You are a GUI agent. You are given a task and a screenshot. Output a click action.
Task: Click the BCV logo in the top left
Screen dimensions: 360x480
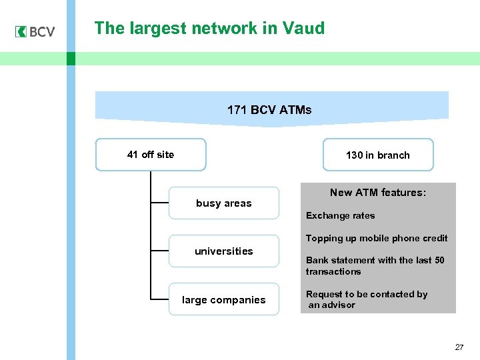click(x=35, y=31)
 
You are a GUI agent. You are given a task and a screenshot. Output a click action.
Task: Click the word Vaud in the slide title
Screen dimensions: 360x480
click(x=303, y=29)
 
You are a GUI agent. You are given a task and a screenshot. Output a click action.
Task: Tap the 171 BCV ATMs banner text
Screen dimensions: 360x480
click(x=269, y=110)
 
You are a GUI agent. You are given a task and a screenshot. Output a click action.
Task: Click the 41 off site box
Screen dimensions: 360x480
click(x=151, y=155)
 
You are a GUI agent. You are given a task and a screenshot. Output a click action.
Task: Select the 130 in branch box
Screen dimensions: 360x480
click(x=377, y=155)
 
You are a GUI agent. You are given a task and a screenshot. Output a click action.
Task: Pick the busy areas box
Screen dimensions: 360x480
click(x=223, y=203)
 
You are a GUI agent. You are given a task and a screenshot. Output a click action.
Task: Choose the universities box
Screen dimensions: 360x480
click(x=223, y=251)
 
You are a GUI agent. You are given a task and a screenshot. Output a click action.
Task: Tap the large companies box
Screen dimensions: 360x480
click(x=223, y=300)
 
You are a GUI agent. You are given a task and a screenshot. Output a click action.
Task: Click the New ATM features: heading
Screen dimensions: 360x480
click(x=377, y=193)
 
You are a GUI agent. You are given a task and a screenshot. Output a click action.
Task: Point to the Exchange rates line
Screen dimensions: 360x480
click(x=340, y=216)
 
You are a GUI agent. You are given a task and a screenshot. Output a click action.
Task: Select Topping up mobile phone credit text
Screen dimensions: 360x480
click(x=377, y=239)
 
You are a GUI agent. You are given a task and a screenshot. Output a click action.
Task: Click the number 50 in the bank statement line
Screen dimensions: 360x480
click(x=439, y=261)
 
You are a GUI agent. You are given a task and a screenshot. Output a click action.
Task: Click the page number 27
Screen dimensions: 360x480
click(x=459, y=347)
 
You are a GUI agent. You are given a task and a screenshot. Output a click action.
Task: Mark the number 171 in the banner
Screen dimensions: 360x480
click(x=237, y=110)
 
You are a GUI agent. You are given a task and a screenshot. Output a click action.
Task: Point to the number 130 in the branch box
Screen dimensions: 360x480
click(x=354, y=155)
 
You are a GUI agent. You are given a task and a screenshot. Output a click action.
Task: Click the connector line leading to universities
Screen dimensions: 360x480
click(x=160, y=251)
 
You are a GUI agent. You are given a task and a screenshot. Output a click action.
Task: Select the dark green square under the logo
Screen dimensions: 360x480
click(x=71, y=59)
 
